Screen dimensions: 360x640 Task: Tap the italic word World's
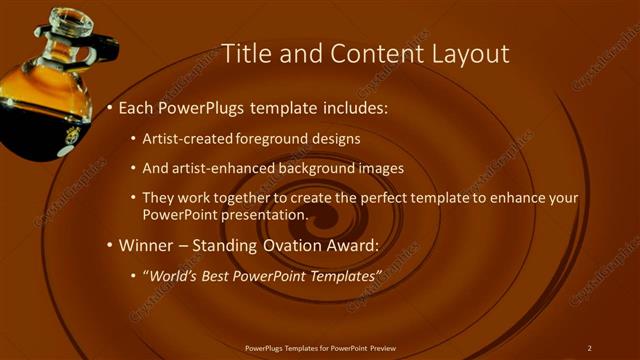(176, 275)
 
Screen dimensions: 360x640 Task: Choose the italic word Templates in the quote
(340, 275)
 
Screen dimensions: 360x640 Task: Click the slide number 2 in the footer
(589, 348)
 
